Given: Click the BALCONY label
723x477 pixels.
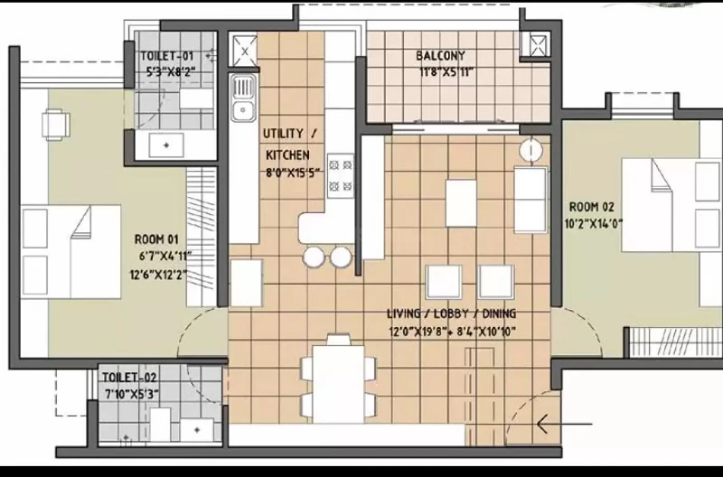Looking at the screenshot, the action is coord(440,56).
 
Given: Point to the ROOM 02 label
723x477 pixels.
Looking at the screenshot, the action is coord(592,207).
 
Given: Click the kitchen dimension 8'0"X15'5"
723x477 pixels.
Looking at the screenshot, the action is coord(293,173).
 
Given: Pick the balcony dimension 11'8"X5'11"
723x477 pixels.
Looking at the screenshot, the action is coord(446,72).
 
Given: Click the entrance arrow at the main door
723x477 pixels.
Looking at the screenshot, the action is coord(565,424).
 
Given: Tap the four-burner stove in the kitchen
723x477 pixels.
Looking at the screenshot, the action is coord(341,176).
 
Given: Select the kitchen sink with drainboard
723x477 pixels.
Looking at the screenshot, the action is coord(243,98).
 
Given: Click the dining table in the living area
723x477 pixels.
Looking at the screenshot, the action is coord(338,384).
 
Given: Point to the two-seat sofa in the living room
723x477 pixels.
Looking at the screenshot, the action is coord(531,200).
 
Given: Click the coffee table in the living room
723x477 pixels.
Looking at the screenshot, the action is coord(461,203).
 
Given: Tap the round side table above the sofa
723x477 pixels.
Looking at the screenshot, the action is coord(531,150).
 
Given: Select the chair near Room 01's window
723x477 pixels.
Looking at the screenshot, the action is coord(56,125).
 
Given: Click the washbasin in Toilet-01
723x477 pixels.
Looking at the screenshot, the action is coord(166,145).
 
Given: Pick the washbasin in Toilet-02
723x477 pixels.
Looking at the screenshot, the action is coord(197,429).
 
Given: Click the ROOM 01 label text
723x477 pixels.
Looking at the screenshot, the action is coord(156,239).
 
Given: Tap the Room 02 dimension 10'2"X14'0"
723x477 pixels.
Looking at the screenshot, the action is coord(594,224).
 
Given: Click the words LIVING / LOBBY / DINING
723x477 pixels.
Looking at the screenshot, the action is coord(451,313).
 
